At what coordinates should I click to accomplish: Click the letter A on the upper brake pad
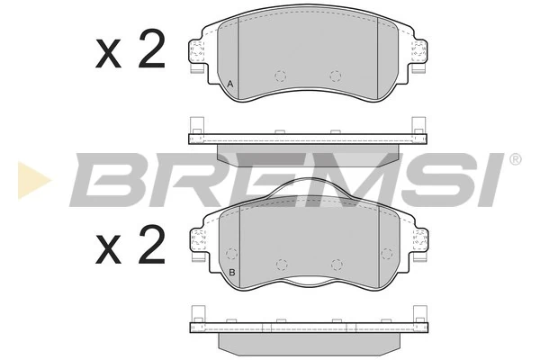click(230, 85)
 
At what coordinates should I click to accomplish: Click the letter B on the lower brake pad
click(231, 273)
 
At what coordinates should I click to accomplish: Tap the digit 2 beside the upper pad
click(151, 53)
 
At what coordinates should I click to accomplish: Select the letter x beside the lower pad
click(109, 248)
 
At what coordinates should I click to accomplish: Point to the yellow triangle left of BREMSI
click(32, 180)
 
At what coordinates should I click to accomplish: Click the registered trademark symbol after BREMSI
click(515, 160)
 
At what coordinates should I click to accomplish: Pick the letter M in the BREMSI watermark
click(338, 180)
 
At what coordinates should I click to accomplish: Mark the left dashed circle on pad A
click(280, 76)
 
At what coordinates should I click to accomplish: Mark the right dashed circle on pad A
click(336, 76)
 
